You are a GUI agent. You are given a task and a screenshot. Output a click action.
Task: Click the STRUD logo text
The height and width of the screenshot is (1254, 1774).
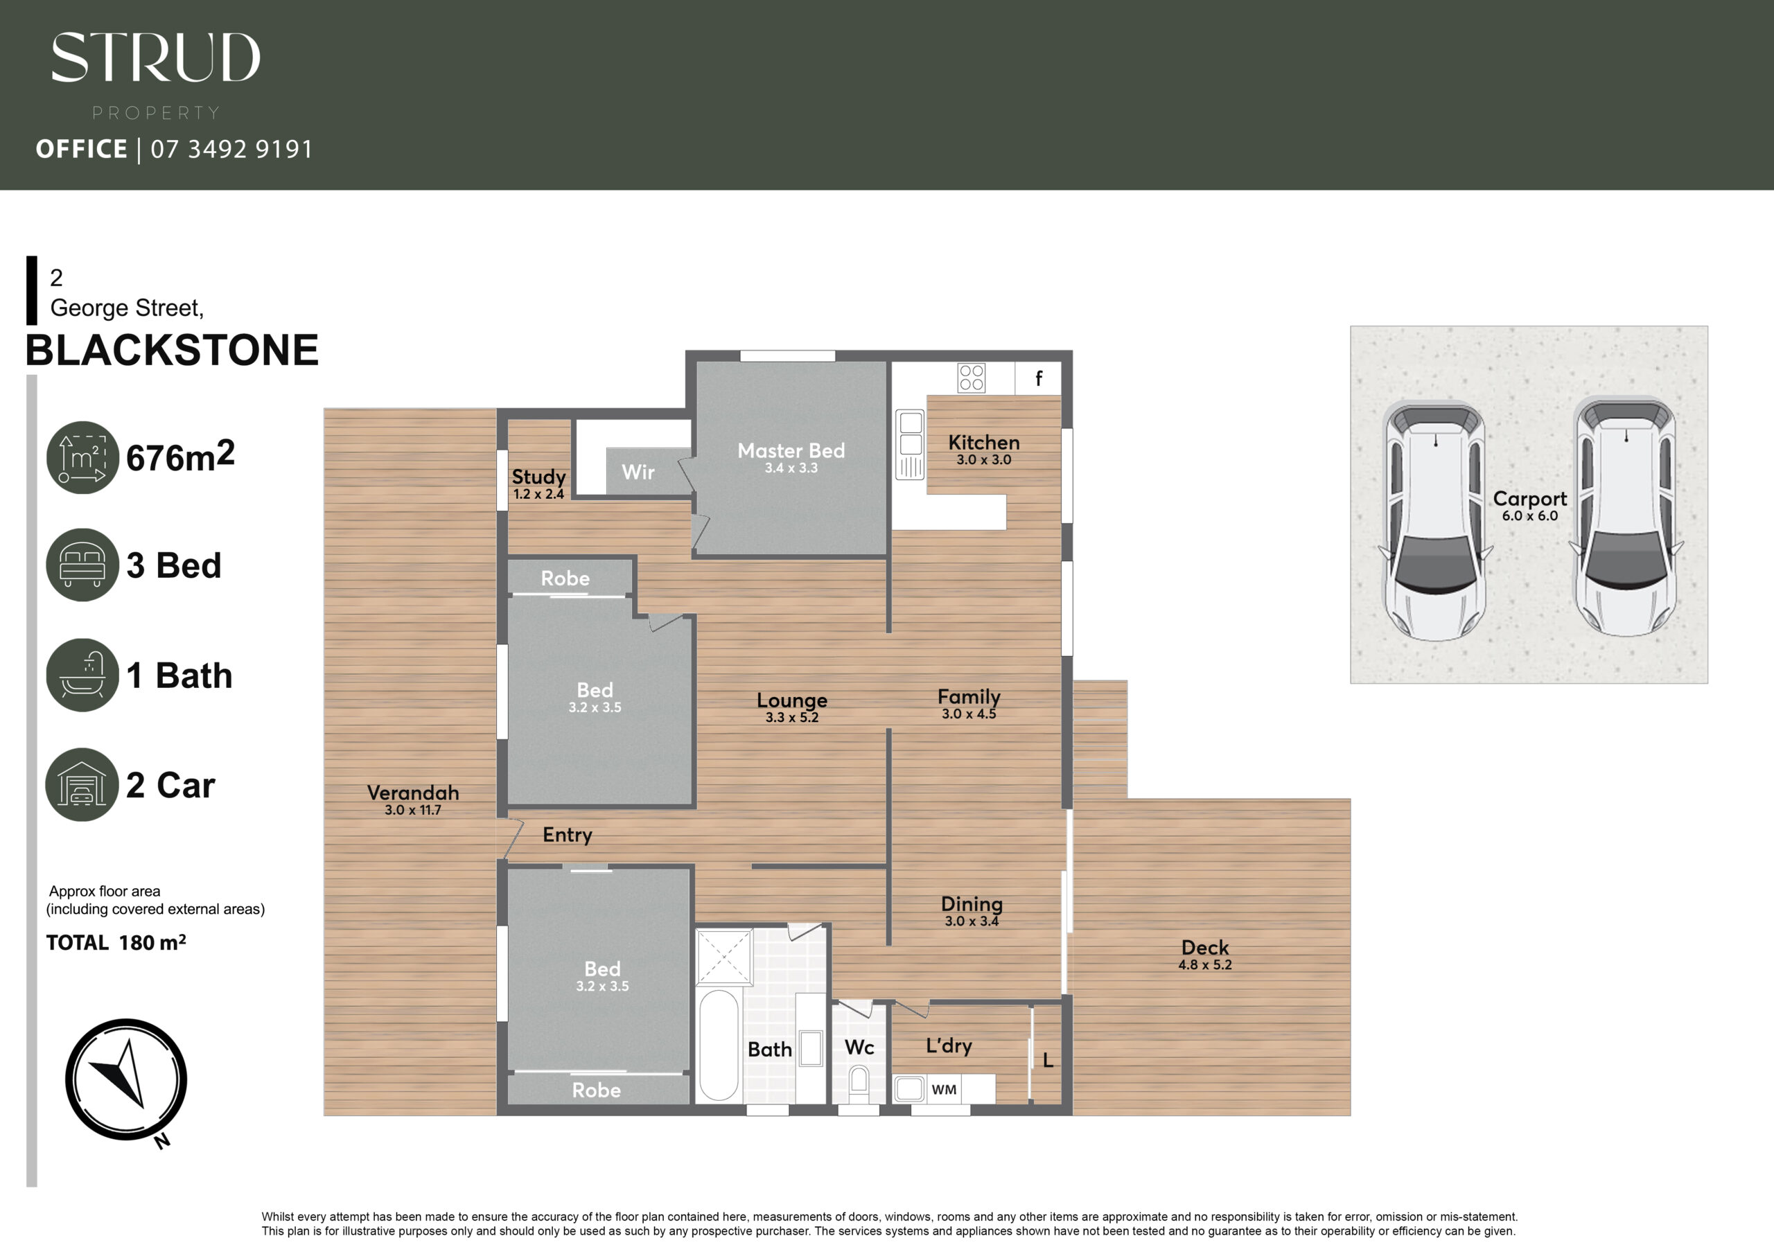click(x=155, y=58)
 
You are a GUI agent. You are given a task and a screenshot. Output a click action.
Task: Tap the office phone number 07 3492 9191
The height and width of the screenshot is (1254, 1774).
click(x=231, y=149)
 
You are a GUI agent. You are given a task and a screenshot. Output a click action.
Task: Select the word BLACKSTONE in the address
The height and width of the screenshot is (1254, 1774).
click(x=172, y=350)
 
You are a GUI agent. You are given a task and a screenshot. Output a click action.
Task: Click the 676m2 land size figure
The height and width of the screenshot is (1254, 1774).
click(x=180, y=457)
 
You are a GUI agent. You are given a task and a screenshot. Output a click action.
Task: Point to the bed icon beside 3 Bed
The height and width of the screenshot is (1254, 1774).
click(x=82, y=565)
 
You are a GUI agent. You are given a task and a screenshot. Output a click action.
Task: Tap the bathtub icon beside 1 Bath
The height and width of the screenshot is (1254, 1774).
click(x=82, y=675)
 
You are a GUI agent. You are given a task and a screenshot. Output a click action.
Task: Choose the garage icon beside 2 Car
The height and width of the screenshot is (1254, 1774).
click(x=82, y=784)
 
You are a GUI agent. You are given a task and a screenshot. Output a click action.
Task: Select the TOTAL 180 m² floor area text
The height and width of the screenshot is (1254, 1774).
click(x=116, y=943)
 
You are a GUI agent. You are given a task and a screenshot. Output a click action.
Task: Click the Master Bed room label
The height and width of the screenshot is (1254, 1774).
click(x=791, y=450)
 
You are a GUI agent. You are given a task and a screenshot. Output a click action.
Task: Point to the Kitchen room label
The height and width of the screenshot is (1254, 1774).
click(x=983, y=443)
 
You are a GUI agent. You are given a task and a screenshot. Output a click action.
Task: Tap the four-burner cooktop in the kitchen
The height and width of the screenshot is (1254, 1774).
click(x=972, y=378)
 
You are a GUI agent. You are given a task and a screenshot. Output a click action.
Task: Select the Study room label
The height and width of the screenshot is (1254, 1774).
click(x=538, y=477)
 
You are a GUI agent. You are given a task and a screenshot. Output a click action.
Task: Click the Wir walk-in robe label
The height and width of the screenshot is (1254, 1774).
click(x=638, y=472)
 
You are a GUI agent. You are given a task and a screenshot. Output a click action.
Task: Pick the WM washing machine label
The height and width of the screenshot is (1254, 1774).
click(x=945, y=1089)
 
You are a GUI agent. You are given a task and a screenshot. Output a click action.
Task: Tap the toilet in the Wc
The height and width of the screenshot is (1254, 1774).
click(x=859, y=1084)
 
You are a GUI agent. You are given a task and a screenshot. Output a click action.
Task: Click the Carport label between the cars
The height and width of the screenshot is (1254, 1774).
click(x=1530, y=499)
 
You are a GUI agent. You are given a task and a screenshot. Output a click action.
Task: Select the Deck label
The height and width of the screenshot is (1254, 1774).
click(x=1204, y=947)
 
